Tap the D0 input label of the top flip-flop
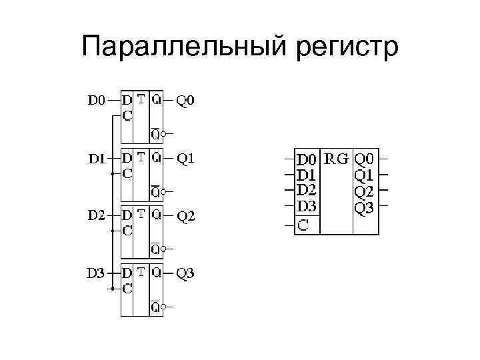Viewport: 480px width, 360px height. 97,101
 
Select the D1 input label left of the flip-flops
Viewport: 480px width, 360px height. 97,159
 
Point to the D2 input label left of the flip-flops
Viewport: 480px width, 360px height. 97,216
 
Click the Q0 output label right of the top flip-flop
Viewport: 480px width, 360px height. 186,101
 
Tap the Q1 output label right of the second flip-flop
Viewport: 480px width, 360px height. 186,159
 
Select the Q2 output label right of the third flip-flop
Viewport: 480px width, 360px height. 186,216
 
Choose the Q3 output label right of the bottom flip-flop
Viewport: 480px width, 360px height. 186,273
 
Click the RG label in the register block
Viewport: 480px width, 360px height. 335,159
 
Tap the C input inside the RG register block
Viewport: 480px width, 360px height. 303,225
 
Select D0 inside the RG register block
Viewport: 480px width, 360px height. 307,160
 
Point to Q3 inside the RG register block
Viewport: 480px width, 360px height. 364,207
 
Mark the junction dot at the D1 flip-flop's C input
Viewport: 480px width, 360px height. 111,174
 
